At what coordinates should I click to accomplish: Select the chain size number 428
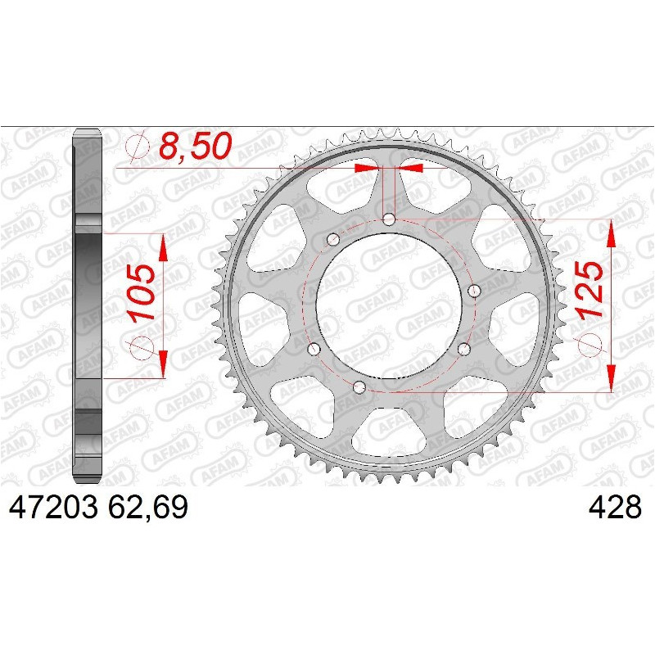[x=615, y=508]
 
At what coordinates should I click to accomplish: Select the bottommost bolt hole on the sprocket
[x=359, y=386]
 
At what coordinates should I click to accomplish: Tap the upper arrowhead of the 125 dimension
[x=611, y=233]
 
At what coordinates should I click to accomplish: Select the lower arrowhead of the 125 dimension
[x=611, y=380]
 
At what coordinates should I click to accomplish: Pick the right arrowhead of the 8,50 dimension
[x=412, y=168]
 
